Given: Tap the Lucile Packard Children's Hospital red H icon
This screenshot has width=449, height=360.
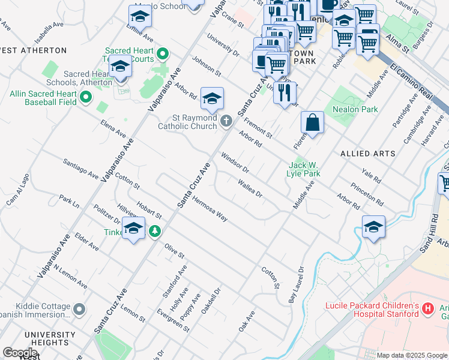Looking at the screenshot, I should coord(428,309).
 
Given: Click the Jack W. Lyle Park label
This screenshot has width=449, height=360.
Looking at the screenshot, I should coord(304,169).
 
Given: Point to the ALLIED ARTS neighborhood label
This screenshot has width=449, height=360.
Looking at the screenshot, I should coord(368,154).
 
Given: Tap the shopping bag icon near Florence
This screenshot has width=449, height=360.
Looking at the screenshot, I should coord(313,122).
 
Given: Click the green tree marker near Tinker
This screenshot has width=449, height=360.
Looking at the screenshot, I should coord(155,230).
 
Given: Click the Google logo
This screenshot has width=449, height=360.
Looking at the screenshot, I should coord(20,353).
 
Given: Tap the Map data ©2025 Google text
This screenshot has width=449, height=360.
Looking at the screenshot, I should coord(411,355).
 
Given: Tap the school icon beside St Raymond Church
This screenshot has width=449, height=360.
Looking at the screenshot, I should coord(212,99).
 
